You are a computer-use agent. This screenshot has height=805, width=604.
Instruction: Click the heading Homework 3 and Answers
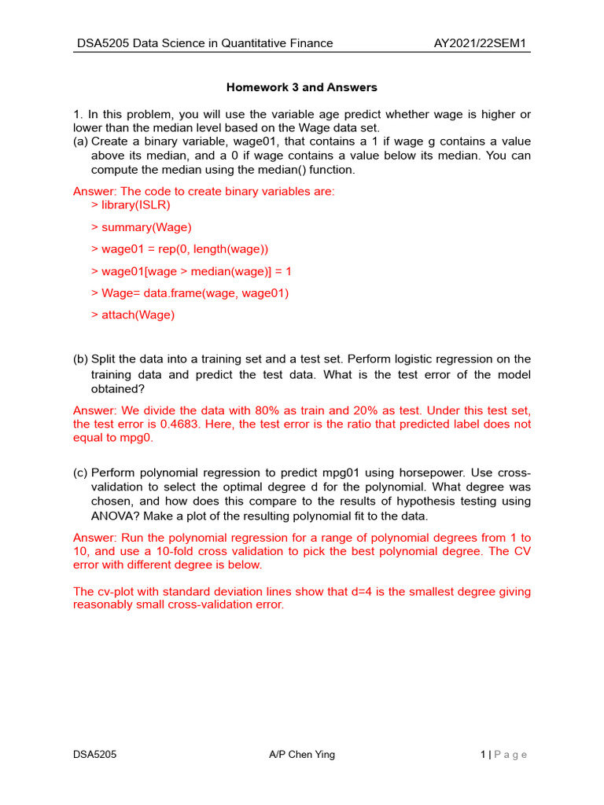tap(302, 86)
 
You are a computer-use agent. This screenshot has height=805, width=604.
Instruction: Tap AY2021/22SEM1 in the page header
tap(482, 43)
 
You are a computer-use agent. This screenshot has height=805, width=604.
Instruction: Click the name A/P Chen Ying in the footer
tap(302, 755)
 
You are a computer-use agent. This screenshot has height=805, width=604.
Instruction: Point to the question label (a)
tap(80, 142)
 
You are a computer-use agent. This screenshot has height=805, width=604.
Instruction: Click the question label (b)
tap(80, 359)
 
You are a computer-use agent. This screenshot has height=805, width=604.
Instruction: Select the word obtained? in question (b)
tap(118, 389)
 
